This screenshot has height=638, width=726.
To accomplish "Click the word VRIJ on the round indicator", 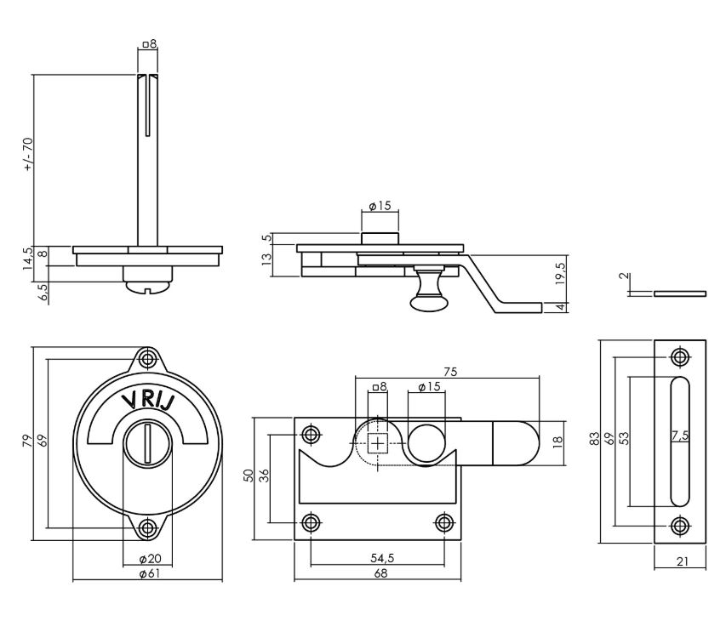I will [x=148, y=403].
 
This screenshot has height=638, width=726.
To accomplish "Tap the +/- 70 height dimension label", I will [x=28, y=155].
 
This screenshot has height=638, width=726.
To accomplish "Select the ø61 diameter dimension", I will [x=148, y=574].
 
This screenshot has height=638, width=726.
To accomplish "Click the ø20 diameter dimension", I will [x=148, y=559].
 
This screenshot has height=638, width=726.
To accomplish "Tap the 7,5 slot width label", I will [x=678, y=436].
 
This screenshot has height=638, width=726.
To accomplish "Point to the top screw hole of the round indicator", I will [x=148, y=358].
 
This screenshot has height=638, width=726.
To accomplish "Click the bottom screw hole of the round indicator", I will [x=148, y=528].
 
